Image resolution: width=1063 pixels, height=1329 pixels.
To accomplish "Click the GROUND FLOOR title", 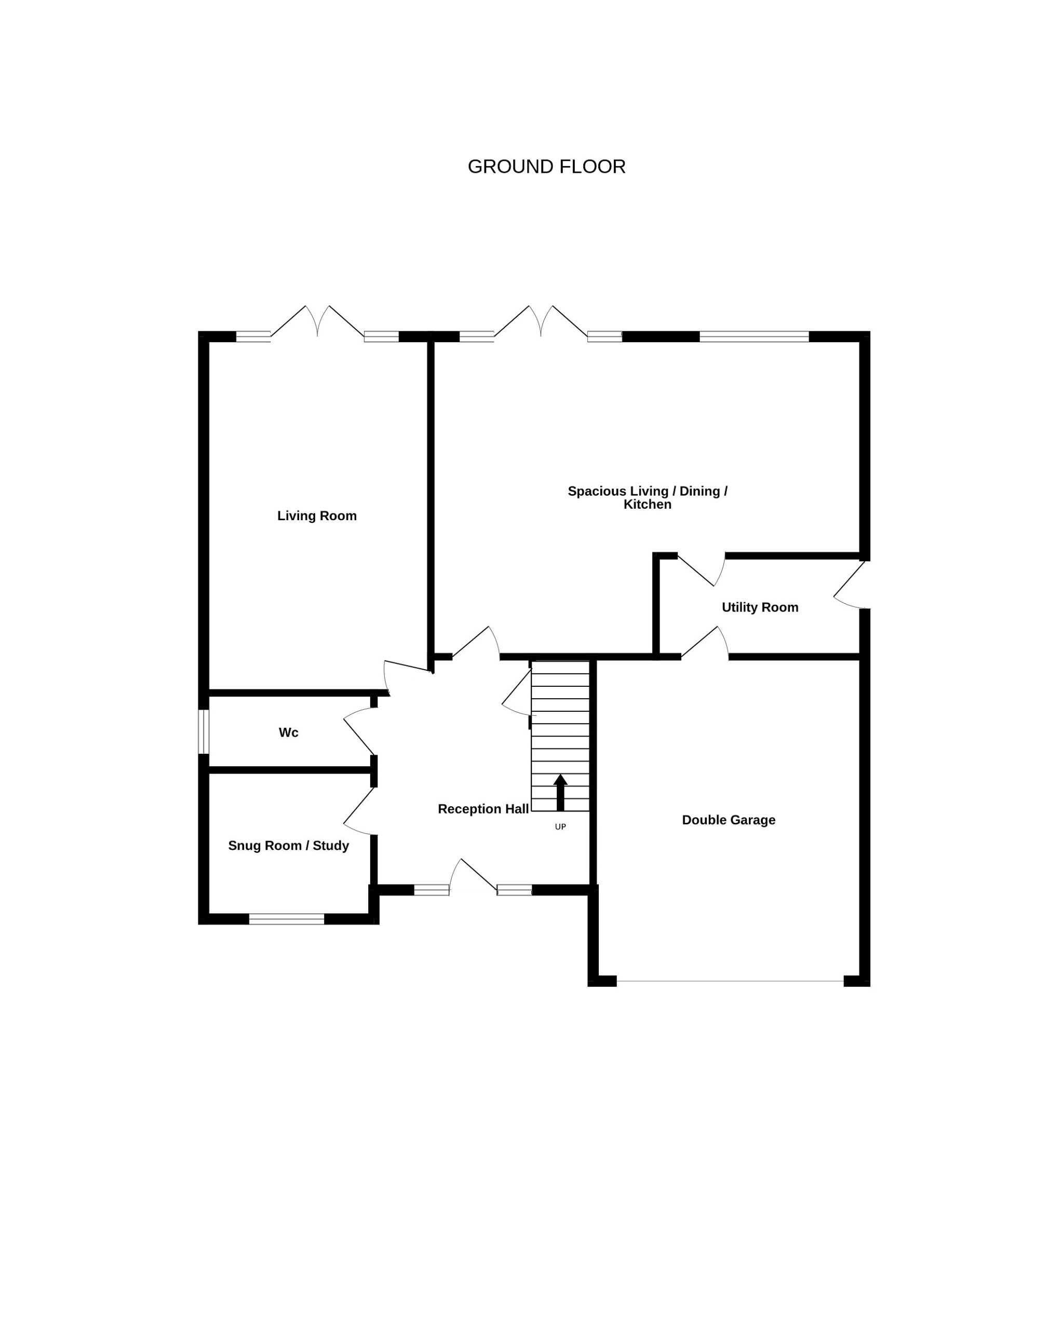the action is [546, 167].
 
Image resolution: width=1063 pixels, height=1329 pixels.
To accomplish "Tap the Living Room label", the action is [317, 516].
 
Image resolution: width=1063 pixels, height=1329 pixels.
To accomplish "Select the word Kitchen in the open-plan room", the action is [648, 504].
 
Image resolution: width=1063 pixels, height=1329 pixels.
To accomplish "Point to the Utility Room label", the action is [760, 608].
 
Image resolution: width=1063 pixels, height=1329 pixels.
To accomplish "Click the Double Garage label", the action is [728, 820].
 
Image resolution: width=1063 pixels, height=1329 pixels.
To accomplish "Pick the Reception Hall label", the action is [483, 809].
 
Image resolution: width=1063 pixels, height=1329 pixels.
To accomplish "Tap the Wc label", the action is [289, 733].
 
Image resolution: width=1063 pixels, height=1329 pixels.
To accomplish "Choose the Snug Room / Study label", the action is [289, 846].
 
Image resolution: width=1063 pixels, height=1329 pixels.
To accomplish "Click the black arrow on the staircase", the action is [560, 793].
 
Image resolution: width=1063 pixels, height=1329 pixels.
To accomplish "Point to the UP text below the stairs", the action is [560, 827].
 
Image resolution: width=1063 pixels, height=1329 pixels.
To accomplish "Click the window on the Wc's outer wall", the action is [204, 731].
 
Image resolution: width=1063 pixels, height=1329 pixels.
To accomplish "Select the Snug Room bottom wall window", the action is [287, 919].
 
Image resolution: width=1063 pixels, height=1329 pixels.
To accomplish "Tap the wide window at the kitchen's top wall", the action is [754, 336].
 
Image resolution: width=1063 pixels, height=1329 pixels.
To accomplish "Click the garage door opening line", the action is [730, 981].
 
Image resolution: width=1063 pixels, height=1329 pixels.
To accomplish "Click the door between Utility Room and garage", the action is [705, 642].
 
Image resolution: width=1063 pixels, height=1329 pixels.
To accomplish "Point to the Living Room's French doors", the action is [317, 321].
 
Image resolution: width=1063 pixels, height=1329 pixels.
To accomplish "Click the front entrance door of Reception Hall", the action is [474, 875].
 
